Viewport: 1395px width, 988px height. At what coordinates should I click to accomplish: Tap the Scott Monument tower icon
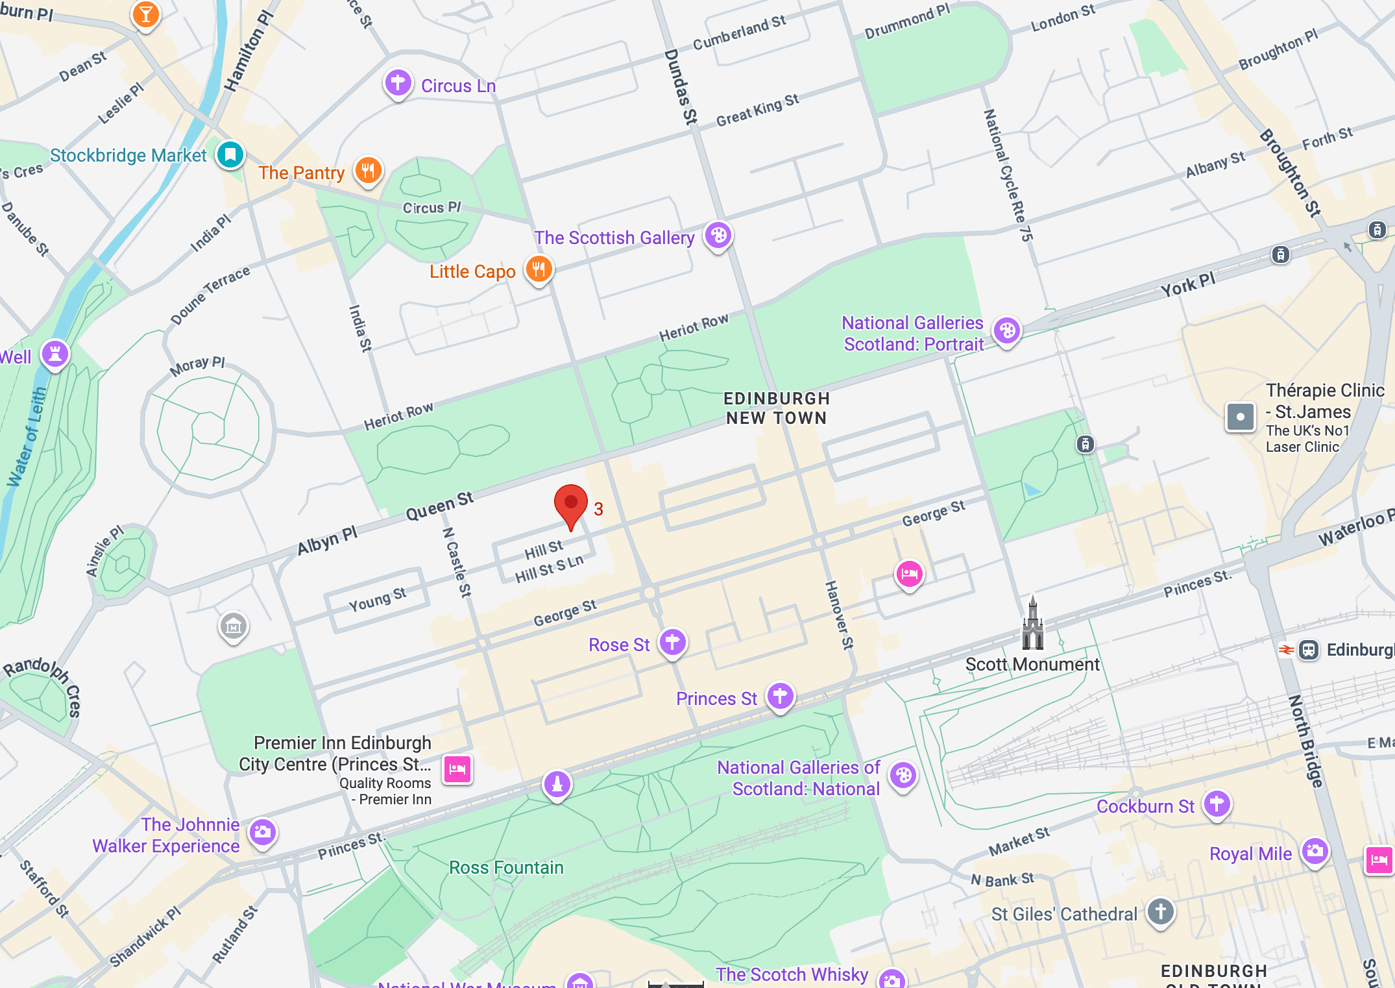[1032, 625]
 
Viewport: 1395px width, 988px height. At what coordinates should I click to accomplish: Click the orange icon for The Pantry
[368, 171]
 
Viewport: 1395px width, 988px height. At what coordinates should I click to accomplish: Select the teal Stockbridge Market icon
[230, 154]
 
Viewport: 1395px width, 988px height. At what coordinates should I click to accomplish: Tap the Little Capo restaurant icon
[539, 269]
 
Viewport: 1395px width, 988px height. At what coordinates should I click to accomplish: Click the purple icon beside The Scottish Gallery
[718, 235]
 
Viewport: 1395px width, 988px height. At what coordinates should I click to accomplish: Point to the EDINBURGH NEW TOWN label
[776, 408]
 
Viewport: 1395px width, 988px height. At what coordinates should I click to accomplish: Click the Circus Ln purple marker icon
[398, 83]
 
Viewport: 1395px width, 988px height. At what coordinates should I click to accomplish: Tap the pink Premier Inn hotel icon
[457, 769]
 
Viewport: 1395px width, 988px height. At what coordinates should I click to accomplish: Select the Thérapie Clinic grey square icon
[1240, 417]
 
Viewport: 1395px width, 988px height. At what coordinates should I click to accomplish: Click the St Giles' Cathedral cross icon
[1161, 911]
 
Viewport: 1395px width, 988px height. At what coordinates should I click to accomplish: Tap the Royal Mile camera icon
[1315, 851]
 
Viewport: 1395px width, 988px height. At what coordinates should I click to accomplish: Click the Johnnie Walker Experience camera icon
[263, 832]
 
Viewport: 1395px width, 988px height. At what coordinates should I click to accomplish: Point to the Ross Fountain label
[506, 867]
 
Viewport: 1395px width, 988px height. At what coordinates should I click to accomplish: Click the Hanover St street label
[839, 615]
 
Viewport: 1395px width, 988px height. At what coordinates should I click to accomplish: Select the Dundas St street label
[681, 86]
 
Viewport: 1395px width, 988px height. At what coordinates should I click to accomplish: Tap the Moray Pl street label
[197, 365]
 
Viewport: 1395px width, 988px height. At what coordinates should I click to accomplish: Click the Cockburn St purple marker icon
[1217, 804]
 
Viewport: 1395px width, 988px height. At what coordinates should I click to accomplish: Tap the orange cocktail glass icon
[146, 14]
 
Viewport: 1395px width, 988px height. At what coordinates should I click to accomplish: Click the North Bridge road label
[1305, 741]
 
